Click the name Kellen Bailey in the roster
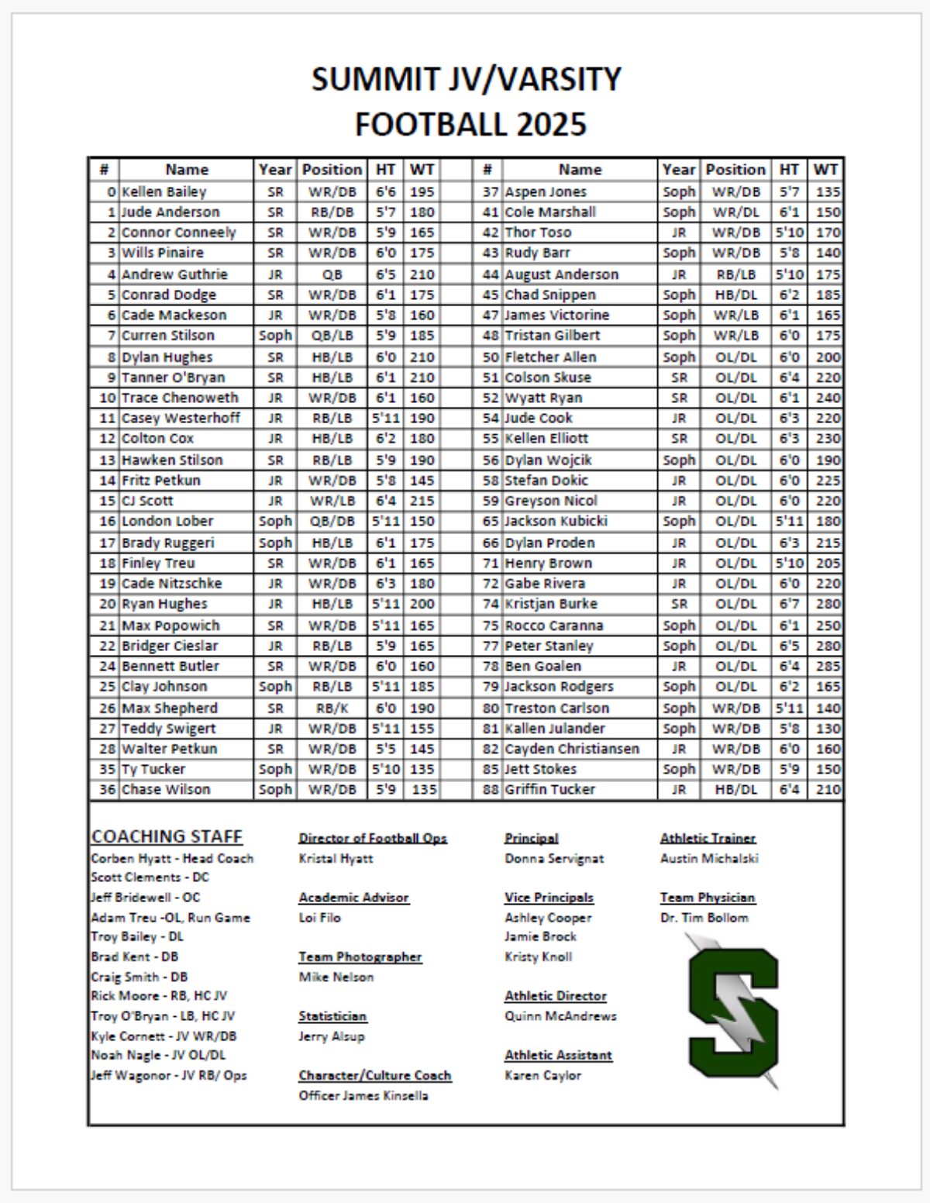164,191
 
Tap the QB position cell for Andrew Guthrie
332,274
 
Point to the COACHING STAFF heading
167,836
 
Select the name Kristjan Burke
551,604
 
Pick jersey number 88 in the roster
490,789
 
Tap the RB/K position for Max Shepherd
332,708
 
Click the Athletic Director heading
555,996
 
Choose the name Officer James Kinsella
363,1095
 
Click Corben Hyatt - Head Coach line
172,858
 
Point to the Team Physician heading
707,898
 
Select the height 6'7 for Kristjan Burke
789,604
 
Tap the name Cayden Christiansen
572,749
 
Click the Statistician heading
332,1016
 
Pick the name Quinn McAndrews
560,1016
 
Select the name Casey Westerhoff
181,418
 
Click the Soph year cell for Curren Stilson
275,336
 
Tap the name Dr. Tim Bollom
704,918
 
